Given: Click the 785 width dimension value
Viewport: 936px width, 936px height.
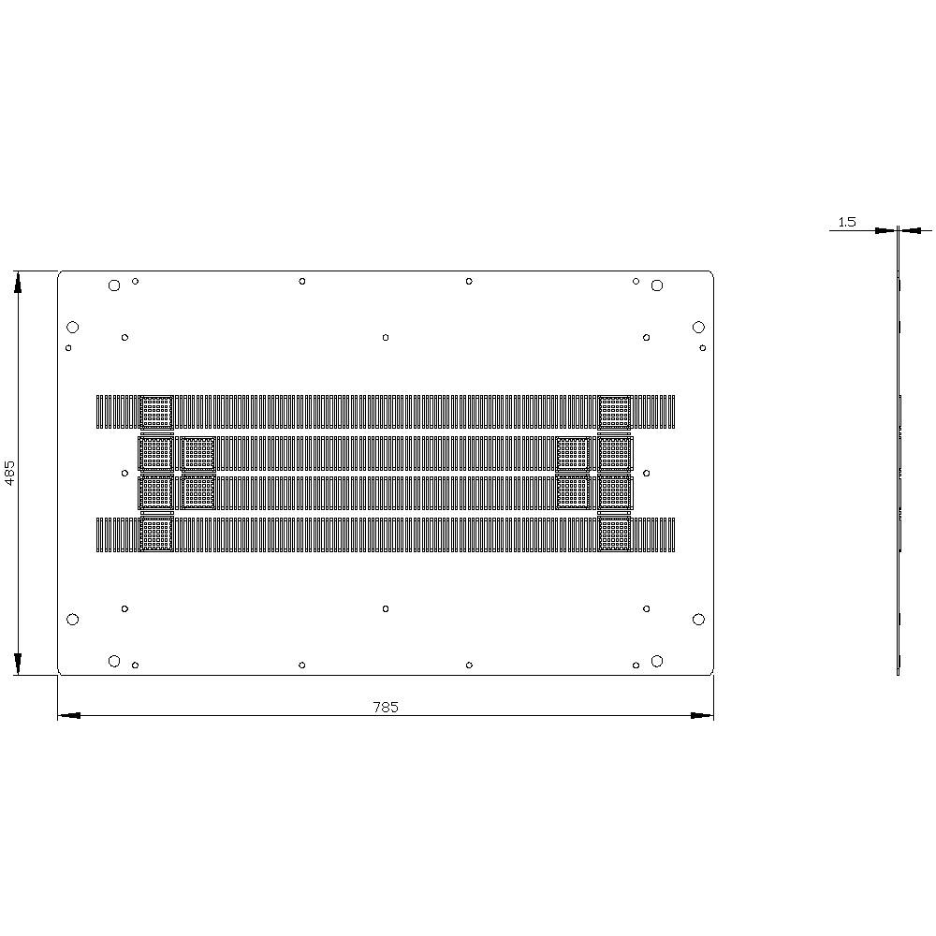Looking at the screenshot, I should (386, 708).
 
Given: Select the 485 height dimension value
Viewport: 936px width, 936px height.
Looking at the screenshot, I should (10, 472).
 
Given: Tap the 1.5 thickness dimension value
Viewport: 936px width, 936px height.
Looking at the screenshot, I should (846, 222).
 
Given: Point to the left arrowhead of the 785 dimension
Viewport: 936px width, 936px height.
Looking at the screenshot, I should (69, 715).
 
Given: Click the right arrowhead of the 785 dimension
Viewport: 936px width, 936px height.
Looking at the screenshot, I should (702, 715).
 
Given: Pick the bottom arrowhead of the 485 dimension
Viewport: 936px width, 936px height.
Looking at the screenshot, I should (17, 664).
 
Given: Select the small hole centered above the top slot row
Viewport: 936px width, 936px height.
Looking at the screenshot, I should (386, 337).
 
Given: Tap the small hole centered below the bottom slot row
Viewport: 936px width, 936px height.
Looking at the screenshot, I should (386, 608).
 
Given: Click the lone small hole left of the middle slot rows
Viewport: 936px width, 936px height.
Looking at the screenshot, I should (124, 473).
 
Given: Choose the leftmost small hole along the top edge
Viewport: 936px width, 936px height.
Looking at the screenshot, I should (136, 281).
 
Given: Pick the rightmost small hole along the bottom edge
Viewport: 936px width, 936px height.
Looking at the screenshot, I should (636, 665).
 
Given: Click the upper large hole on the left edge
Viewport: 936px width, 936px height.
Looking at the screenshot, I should (73, 327).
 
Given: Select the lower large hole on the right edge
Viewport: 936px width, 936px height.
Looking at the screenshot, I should (698, 619).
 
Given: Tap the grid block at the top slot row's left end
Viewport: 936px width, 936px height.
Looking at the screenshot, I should (156, 412).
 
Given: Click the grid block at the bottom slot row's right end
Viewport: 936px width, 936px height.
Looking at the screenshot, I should (615, 534).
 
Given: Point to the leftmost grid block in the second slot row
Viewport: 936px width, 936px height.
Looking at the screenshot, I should (156, 453).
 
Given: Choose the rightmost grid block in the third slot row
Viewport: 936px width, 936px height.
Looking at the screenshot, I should (615, 492).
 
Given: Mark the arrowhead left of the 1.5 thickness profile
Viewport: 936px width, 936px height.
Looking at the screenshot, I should (885, 230).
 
